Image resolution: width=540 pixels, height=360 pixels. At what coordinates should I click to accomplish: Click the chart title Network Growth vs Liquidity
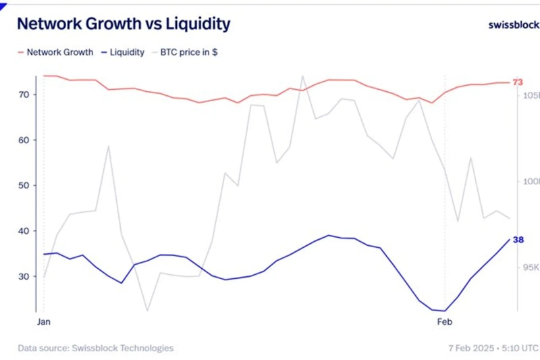point(124,24)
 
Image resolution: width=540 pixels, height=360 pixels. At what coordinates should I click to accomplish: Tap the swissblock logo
point(514,25)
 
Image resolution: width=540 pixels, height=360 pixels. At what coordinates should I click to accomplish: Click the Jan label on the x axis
point(44,322)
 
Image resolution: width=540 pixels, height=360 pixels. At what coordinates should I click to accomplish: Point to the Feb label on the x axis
point(445,322)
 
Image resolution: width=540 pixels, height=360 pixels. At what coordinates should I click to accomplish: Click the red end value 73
point(518,82)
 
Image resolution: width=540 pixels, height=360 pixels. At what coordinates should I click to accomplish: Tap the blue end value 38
point(518,240)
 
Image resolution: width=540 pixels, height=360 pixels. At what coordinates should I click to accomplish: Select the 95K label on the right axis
point(531,267)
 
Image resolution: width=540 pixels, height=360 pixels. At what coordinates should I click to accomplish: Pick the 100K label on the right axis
point(530,182)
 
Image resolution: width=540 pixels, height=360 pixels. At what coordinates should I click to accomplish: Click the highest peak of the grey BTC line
point(302,76)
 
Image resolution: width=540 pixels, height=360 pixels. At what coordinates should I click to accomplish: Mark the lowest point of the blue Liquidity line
point(445,311)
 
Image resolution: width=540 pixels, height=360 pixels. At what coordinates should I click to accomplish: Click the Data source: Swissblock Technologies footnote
point(96,348)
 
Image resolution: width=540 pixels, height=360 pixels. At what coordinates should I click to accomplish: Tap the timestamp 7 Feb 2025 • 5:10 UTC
point(493,348)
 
